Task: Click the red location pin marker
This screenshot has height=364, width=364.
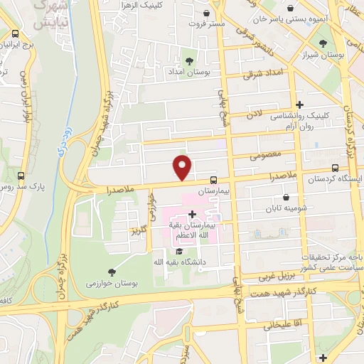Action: [x=183, y=167]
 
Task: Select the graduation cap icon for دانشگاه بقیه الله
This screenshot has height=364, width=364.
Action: [x=180, y=251]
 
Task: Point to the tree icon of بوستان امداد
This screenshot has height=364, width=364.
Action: [x=189, y=61]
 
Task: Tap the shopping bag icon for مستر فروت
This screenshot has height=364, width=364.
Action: [x=206, y=14]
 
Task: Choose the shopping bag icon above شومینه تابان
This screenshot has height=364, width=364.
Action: [x=286, y=197]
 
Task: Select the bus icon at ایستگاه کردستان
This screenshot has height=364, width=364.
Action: [x=335, y=169]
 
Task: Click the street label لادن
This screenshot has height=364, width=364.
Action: [x=255, y=114]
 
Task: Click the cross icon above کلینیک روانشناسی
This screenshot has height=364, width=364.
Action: [x=300, y=105]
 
